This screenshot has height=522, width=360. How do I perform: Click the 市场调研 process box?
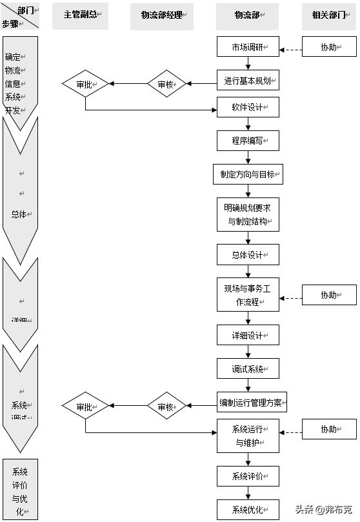[248, 47]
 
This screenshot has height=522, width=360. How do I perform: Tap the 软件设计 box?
[248, 107]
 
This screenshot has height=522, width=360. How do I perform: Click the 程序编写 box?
[248, 141]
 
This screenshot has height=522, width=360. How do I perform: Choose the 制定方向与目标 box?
[248, 174]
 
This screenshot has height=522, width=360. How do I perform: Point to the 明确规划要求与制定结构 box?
[248, 214]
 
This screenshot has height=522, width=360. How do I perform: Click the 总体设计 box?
[248, 255]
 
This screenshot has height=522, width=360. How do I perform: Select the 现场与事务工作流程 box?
[248, 295]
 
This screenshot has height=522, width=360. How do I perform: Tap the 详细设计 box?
[248, 335]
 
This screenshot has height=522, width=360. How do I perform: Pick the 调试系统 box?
[248, 368]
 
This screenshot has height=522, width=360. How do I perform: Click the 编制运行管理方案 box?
[252, 403]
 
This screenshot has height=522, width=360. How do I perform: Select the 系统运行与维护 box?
[248, 436]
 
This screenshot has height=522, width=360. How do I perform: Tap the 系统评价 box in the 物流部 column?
[248, 476]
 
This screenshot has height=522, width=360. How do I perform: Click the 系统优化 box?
[248, 509]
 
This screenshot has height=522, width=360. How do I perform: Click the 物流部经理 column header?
[166, 16]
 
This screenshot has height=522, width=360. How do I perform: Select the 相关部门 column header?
[329, 15]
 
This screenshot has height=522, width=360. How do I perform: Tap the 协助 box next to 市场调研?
[329, 47]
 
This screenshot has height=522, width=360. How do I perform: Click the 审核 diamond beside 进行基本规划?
[166, 84]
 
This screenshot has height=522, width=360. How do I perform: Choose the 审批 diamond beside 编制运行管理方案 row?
[85, 407]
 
